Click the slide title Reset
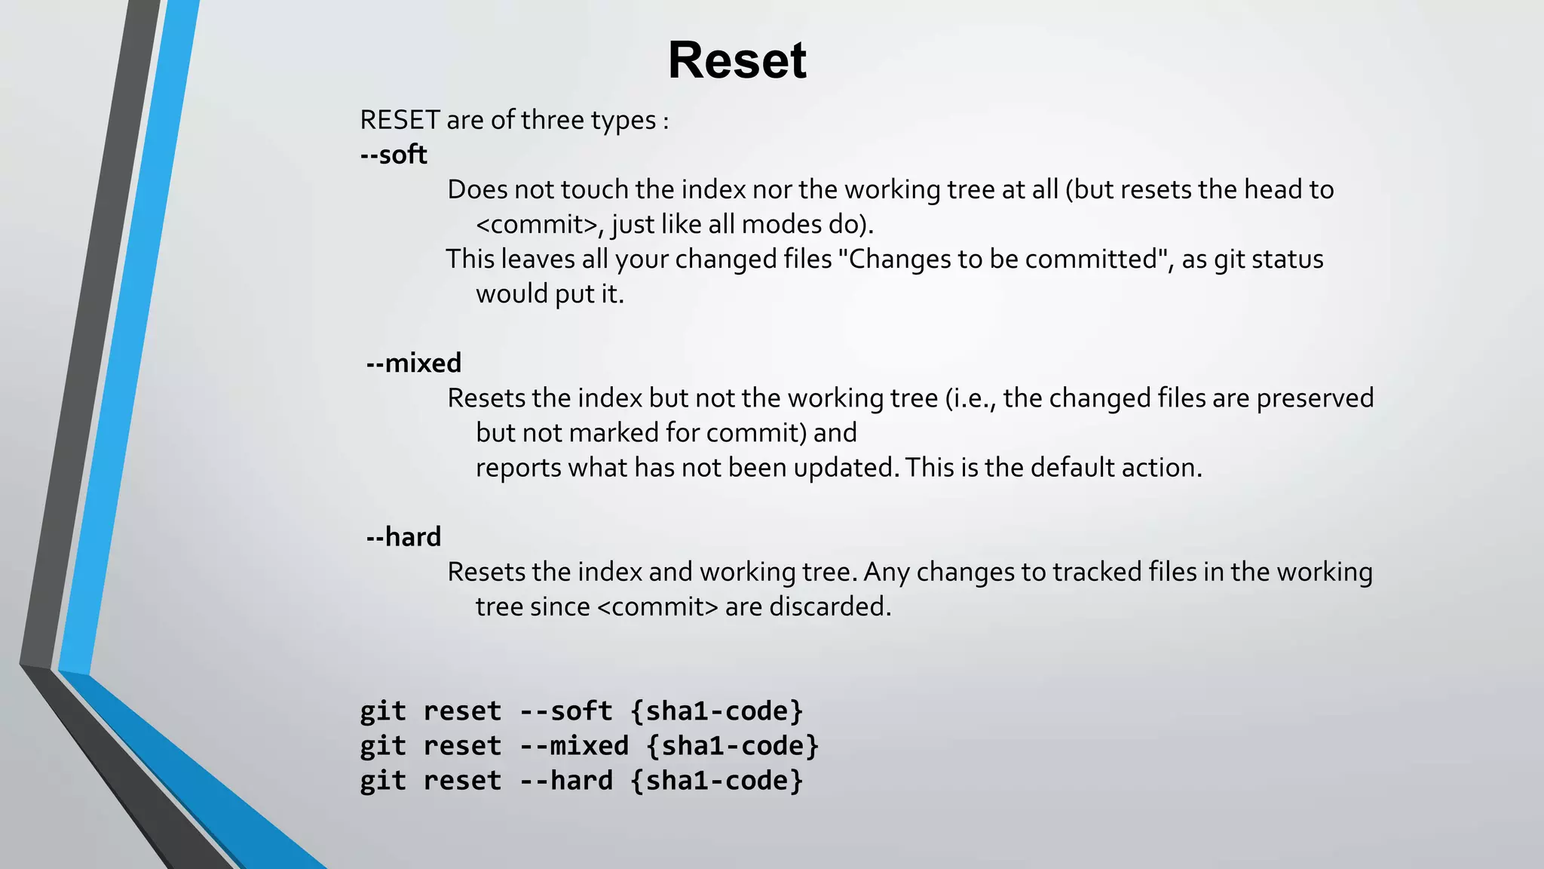[x=737, y=60]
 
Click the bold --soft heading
[x=394, y=155]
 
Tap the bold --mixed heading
[x=413, y=364]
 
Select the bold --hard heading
[x=403, y=537]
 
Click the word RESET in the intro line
[x=400, y=120]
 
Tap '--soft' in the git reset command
[x=565, y=711]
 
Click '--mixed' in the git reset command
[x=574, y=746]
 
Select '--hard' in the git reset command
[x=565, y=781]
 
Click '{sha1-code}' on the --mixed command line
[x=732, y=746]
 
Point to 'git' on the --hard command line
[x=382, y=781]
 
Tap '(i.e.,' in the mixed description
[x=970, y=398]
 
